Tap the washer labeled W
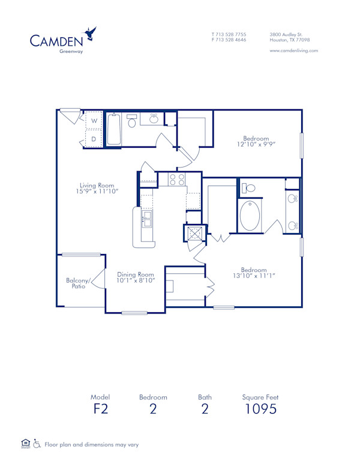pos(94,120)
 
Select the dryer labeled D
pos(94,139)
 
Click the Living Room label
pos(97,186)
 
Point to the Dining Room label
pos(136,274)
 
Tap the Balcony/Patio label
pos(77,283)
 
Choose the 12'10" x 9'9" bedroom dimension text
pos(256,145)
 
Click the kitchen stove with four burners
pos(176,179)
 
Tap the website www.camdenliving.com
pos(293,50)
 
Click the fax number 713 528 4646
pos(232,40)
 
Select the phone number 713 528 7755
pos(232,34)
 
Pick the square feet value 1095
pos(260,410)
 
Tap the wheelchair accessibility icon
pos(37,444)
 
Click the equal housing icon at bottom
pos(25,444)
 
